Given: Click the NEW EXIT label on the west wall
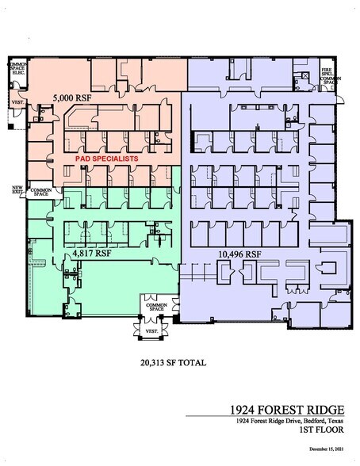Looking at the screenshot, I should point(17,190).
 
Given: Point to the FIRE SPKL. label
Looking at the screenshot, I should point(326,71).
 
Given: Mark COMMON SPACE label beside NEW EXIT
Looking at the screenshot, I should point(40,193).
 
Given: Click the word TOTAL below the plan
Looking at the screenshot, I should point(191,363).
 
